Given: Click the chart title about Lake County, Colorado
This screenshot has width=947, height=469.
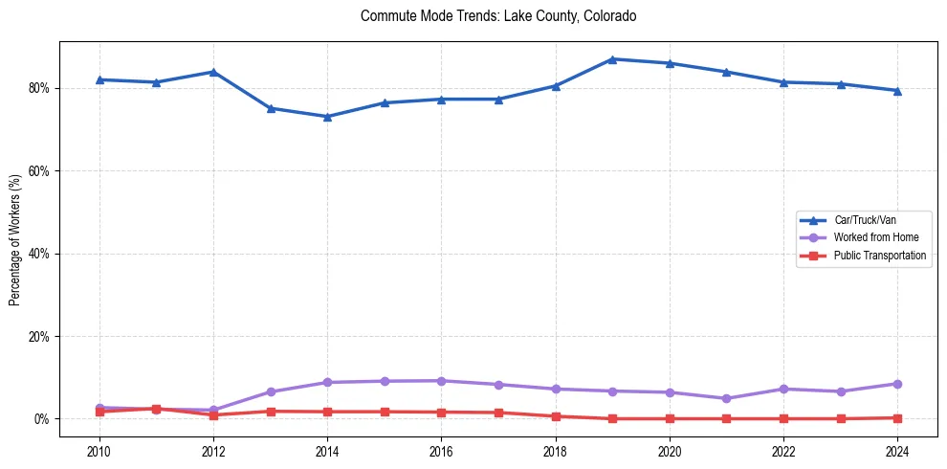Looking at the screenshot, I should (498, 16).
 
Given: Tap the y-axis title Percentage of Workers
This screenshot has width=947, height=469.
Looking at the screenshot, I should (15, 240).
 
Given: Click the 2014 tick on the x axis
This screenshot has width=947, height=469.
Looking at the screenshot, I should (327, 451).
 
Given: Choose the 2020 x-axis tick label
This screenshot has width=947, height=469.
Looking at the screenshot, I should (670, 451).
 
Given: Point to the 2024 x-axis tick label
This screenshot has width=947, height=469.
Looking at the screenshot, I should (897, 451).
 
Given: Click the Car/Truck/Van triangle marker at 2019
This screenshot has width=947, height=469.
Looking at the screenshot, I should (612, 59).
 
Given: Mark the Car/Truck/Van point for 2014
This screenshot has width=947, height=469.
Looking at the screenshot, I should (327, 117).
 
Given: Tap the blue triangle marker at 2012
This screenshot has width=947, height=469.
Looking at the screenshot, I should (213, 72).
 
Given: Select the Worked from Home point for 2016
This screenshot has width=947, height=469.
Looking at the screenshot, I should (441, 381).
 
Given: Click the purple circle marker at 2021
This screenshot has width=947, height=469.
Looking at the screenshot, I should (726, 398).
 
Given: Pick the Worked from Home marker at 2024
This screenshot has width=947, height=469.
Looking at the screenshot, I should (897, 384).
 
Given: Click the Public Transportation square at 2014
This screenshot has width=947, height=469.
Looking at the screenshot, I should (327, 412).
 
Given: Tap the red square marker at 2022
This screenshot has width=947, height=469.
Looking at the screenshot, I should (783, 418).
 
